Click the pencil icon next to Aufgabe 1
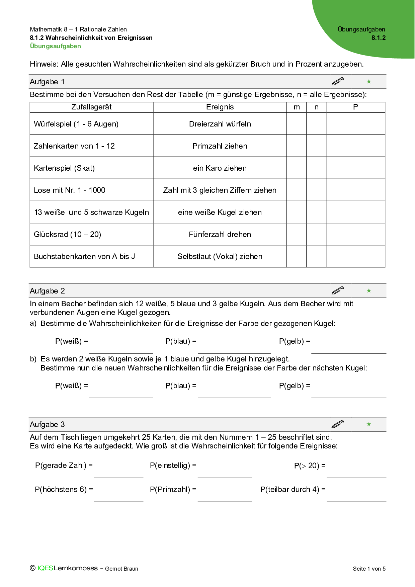337,81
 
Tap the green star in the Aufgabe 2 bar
369,290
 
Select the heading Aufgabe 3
47,424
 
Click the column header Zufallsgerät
91,107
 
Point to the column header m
297,107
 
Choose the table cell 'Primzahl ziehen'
220,146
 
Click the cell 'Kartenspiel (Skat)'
64,168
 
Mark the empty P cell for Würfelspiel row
355,124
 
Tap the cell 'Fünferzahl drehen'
220,234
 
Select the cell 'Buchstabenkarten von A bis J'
84,256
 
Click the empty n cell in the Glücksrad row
316,234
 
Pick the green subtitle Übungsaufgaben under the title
55,46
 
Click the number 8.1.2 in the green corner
378,38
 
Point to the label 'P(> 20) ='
310,466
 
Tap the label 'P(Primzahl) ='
173,489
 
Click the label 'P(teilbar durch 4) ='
293,489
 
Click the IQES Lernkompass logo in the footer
64,568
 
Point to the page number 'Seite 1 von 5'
369,569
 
